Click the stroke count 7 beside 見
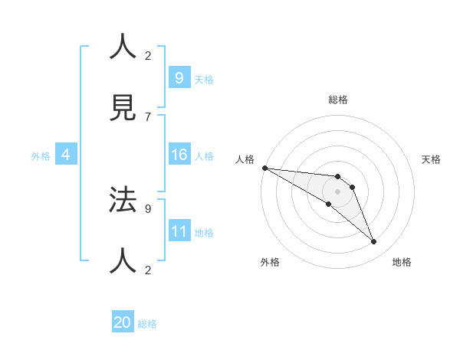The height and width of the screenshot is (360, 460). (x=147, y=116)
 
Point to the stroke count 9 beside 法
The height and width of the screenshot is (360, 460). (x=147, y=208)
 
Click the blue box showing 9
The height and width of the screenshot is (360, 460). (x=179, y=77)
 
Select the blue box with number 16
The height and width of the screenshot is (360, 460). (x=179, y=155)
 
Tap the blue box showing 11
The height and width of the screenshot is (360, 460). (x=179, y=231)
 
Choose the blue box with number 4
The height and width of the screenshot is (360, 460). (x=66, y=155)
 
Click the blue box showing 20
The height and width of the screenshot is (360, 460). (x=122, y=322)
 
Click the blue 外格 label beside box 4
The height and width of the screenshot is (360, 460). (x=41, y=156)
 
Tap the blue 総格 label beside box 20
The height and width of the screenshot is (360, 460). (x=147, y=324)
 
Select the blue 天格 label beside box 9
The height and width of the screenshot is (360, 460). (x=203, y=79)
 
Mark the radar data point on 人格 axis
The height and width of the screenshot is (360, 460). (x=264, y=168)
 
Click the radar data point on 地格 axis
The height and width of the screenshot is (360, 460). (x=374, y=242)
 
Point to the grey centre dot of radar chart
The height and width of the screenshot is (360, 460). (x=337, y=191)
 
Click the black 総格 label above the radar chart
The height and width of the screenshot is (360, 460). (x=337, y=100)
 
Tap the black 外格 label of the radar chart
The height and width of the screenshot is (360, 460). (x=270, y=262)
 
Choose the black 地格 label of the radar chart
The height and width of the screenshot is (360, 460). (x=402, y=262)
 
